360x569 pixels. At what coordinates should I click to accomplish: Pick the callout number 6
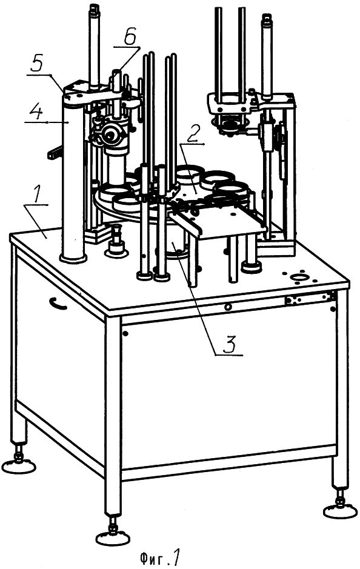pyautogui.click(x=131, y=38)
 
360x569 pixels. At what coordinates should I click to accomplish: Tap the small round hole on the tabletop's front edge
pyautogui.click(x=228, y=307)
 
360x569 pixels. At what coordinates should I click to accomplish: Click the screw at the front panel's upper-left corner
pyautogui.click(x=125, y=333)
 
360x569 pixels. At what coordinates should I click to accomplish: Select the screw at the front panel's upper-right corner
pyautogui.click(x=333, y=310)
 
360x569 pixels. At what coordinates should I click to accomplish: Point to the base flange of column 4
pyautogui.click(x=73, y=258)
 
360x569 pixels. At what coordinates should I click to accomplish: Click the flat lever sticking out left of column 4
pyautogui.click(x=55, y=151)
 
